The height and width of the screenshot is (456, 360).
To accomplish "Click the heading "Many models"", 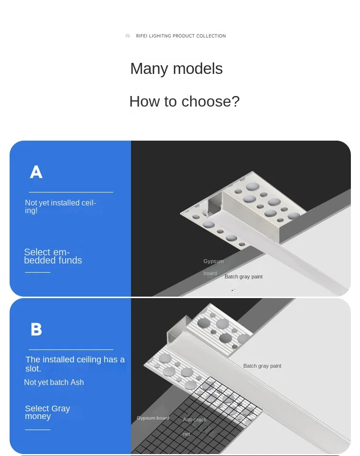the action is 177,69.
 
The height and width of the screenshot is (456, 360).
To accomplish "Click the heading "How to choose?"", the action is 184,101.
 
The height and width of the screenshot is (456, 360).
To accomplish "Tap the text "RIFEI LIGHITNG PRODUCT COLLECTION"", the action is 181,36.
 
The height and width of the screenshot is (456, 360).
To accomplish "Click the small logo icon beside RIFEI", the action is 128,36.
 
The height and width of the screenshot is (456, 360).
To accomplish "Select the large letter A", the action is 36,172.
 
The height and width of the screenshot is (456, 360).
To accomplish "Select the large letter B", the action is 36,329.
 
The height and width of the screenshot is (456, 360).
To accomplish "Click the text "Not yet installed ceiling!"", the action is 60,206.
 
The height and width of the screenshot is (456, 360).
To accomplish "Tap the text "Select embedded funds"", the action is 53,256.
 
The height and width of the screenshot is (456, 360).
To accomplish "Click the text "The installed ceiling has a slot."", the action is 75,364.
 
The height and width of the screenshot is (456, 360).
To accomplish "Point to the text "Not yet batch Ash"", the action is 54,382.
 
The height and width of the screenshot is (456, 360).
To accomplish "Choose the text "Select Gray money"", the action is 48,412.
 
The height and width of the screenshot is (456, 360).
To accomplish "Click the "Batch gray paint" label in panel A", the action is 243,276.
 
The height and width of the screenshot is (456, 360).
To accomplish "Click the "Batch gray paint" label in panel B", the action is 262,366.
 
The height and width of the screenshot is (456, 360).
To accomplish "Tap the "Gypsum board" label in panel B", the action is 153,418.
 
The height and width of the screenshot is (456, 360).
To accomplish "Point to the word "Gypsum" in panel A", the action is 214,261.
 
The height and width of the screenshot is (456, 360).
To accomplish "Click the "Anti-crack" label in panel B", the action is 194,420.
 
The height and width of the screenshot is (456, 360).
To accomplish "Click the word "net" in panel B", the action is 186,434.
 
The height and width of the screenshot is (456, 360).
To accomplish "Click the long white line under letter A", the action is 71,192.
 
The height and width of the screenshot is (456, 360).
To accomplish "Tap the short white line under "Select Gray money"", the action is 37,430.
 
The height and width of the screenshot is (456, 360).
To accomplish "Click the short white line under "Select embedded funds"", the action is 37,272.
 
